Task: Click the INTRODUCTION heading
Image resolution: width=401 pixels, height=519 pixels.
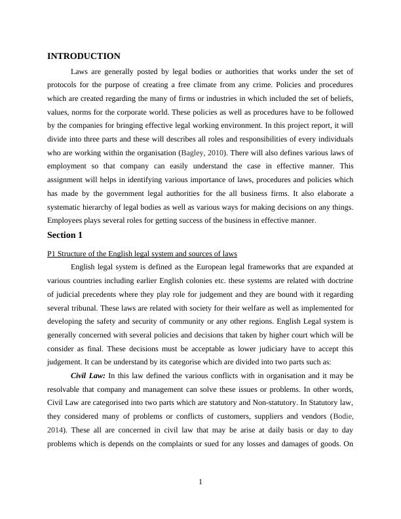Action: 84,56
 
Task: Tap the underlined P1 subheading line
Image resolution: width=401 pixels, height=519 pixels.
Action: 142,254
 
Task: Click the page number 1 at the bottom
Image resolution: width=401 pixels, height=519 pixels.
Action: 200,483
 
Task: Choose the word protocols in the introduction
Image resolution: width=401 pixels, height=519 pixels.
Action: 64,85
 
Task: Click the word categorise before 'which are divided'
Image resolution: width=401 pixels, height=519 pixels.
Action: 197,361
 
